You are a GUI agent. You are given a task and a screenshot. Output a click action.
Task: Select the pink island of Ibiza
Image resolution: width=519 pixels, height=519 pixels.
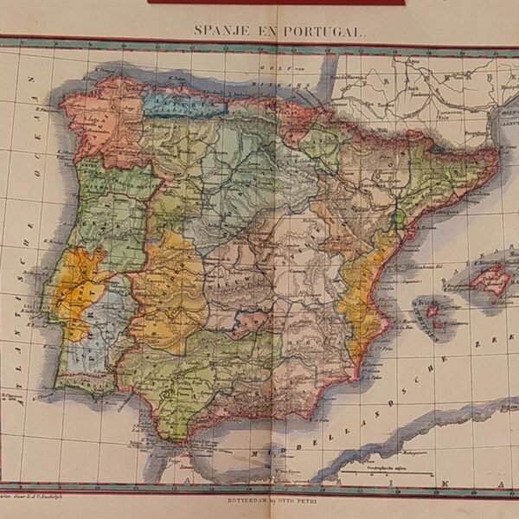coord(432,309)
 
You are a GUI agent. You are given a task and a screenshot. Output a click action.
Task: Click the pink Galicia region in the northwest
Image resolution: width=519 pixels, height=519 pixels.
coord(99,117)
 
